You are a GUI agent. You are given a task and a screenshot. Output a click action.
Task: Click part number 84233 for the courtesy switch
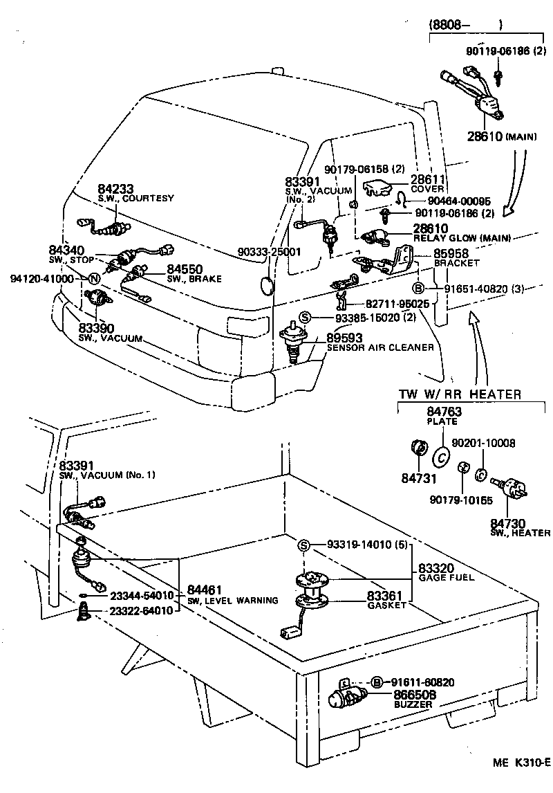[x=115, y=188]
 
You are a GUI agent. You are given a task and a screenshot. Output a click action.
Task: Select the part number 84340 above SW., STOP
[x=66, y=250]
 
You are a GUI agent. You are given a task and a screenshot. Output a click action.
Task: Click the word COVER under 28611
[x=427, y=189]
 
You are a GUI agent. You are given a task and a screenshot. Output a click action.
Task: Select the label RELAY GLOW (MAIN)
[x=462, y=238]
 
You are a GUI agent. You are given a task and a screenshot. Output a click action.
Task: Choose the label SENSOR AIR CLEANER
[x=380, y=347]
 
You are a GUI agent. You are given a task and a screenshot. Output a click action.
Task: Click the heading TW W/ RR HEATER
[x=460, y=394]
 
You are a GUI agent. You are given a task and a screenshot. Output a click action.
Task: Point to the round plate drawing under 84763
[x=440, y=457]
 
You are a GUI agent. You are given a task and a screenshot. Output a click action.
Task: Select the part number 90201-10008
[x=483, y=442]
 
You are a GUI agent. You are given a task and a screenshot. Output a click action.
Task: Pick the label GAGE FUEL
[x=447, y=577]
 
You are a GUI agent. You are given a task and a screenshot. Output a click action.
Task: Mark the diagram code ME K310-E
[x=521, y=783]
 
